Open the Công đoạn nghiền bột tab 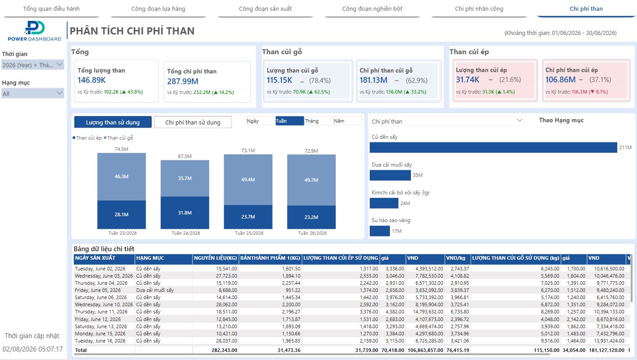[372, 9]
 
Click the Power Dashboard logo [34, 31]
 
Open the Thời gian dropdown [33, 65]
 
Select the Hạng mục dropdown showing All [33, 93]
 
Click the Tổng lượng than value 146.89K [92, 80]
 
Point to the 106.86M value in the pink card [560, 80]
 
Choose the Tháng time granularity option [318, 121]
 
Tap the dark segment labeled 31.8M [185, 213]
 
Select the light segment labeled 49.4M [248, 180]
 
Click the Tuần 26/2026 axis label [312, 233]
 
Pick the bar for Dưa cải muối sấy [390, 175]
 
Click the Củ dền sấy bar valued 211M [493, 147]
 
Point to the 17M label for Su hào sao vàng [397, 231]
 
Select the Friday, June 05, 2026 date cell [98, 290]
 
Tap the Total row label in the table [81, 350]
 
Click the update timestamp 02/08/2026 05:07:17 [32, 349]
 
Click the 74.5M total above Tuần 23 [121, 149]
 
